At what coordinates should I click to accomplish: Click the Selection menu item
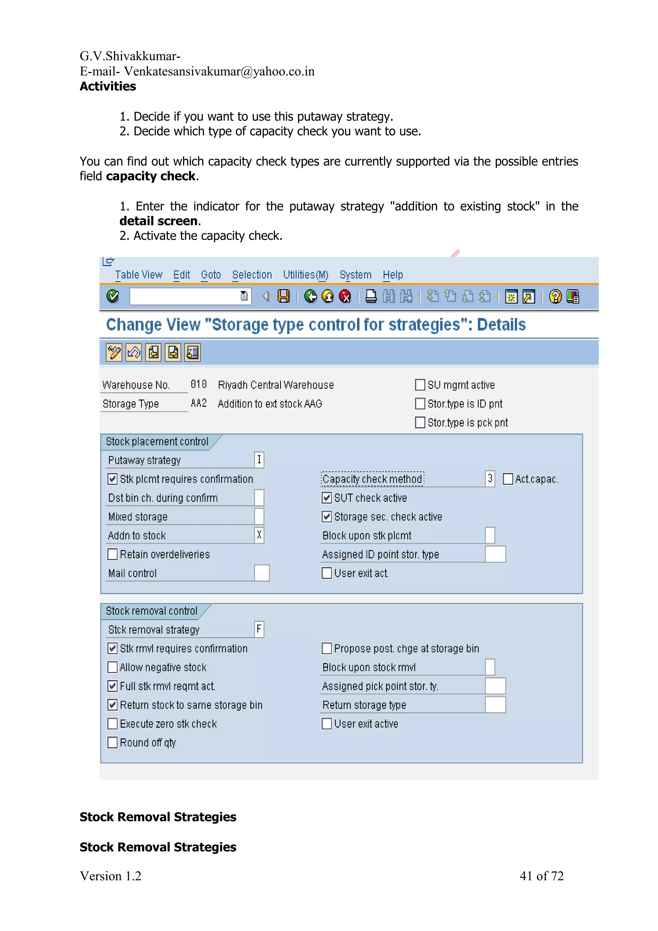252,275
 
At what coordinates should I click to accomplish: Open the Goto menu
211,275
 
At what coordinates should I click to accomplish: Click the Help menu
392,275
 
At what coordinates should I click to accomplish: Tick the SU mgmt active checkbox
420,385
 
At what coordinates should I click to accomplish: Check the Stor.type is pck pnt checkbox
420,422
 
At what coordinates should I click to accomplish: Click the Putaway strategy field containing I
259,460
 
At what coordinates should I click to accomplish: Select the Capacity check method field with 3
490,479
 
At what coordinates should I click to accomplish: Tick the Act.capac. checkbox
508,479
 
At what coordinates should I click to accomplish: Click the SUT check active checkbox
326,498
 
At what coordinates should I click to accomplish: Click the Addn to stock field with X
259,535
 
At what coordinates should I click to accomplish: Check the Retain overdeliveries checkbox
112,554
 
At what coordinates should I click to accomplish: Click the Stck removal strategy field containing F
259,629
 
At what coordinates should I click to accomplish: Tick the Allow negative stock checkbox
112,667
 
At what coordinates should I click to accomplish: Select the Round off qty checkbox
112,742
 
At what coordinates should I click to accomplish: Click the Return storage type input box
495,705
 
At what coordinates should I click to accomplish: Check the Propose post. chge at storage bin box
326,648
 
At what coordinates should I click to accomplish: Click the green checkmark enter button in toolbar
113,297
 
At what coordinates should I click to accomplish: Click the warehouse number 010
199,385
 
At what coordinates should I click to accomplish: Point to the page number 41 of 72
541,876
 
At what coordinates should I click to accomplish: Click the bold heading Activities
108,86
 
